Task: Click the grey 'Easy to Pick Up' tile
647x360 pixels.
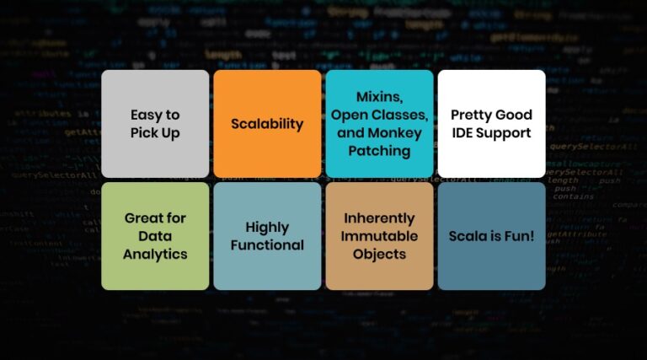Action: pyautogui.click(x=155, y=123)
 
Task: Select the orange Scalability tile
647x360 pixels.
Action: pyautogui.click(x=267, y=123)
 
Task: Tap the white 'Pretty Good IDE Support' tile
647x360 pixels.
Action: pyautogui.click(x=491, y=123)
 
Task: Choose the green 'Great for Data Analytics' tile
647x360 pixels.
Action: pyautogui.click(x=155, y=236)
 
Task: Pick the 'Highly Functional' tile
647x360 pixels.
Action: pyautogui.click(x=267, y=236)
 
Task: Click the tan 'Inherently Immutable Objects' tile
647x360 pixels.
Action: pyautogui.click(x=379, y=236)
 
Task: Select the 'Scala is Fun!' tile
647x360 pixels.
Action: pyautogui.click(x=491, y=236)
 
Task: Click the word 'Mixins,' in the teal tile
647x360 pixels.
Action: pyautogui.click(x=379, y=96)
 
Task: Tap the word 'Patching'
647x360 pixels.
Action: pyautogui.click(x=379, y=151)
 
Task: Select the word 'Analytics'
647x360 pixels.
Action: pyautogui.click(x=155, y=254)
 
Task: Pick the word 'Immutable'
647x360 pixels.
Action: pyautogui.click(x=379, y=236)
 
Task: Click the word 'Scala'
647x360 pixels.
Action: pyautogui.click(x=468, y=236)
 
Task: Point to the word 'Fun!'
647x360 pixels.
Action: pyautogui.click(x=517, y=236)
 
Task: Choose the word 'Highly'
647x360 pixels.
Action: pyautogui.click(x=267, y=228)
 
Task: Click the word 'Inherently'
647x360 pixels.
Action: pyautogui.click(x=379, y=218)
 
